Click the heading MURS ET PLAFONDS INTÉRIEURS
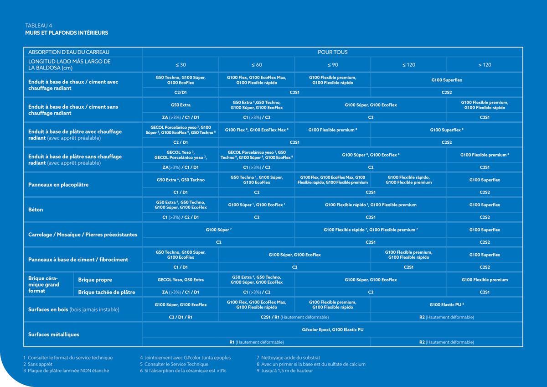(67, 33)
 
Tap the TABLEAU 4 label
(39, 26)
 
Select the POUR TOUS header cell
(332, 52)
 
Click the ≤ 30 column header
(181, 65)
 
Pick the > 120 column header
(485, 65)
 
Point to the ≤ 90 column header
(332, 65)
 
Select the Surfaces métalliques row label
(54, 335)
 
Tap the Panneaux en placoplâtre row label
(58, 185)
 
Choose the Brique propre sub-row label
(95, 280)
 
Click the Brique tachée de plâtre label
(107, 292)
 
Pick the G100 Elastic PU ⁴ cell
(446, 304)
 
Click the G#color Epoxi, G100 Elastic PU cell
(332, 329)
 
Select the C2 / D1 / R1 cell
(181, 317)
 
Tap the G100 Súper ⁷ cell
(219, 230)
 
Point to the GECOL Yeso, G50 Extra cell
(181, 280)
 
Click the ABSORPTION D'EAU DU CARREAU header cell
(69, 52)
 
